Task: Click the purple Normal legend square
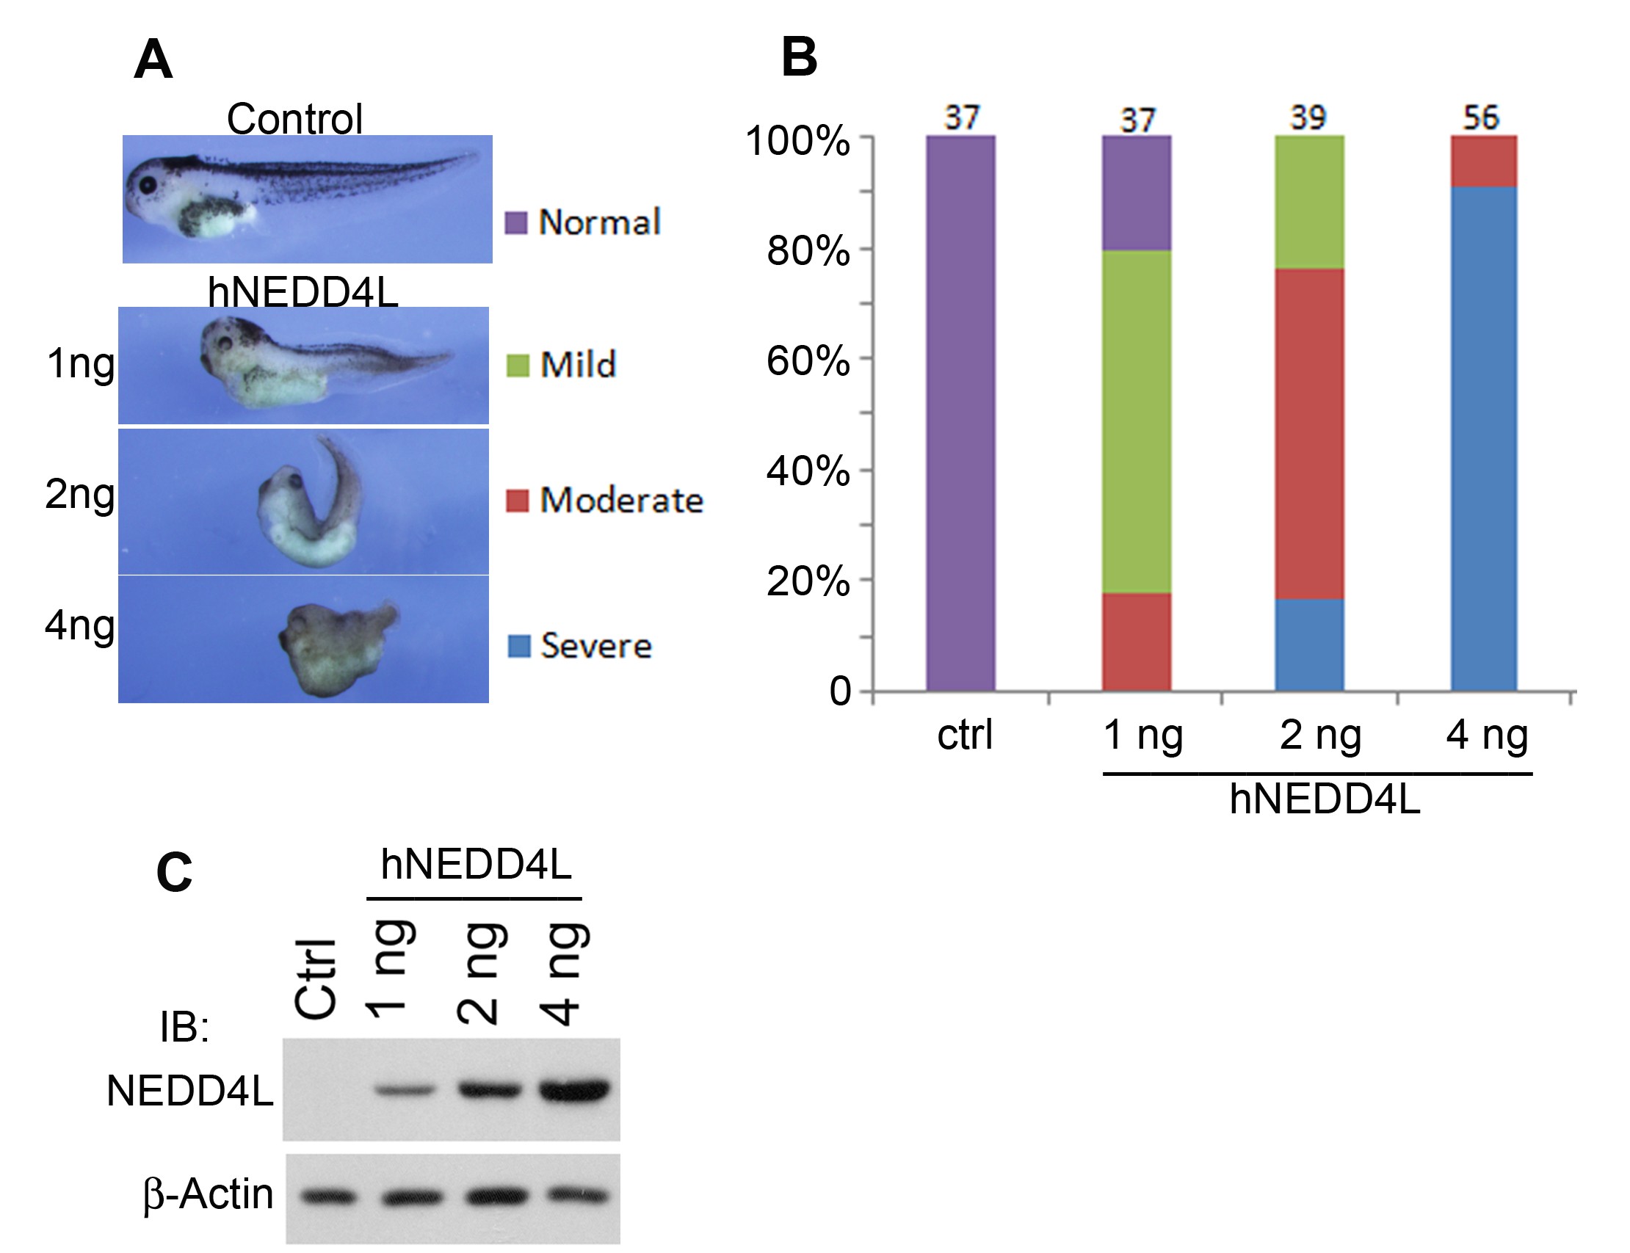tap(516, 222)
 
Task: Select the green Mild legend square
tap(518, 366)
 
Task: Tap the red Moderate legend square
tap(517, 501)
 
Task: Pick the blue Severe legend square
tap(518, 646)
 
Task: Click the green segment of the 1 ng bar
tap(1136, 422)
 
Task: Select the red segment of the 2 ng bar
tap(1309, 434)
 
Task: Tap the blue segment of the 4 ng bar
tap(1483, 439)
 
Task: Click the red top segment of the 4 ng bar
tap(1483, 161)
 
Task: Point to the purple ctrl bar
tap(961, 414)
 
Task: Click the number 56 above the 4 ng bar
tap(1481, 118)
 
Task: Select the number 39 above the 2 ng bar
tap(1308, 118)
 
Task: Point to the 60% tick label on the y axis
tap(808, 361)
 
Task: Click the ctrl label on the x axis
tap(965, 736)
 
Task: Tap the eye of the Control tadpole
tap(147, 184)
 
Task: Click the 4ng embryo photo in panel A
tap(304, 639)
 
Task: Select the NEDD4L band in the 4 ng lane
tap(575, 1090)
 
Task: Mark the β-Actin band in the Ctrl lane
tap(328, 1197)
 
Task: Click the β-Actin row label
tap(208, 1194)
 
